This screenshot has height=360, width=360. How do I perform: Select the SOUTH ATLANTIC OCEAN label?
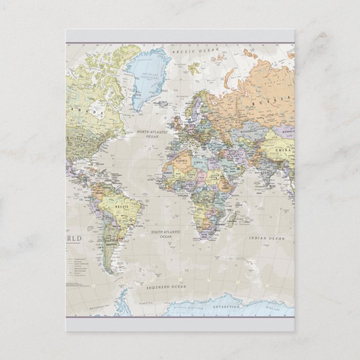click(166, 234)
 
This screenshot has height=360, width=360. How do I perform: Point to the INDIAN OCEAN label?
click(267, 239)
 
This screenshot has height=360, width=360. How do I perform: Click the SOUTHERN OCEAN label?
click(167, 287)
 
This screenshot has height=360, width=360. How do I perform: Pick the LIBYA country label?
click(200, 162)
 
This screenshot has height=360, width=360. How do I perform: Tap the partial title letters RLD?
click(74, 239)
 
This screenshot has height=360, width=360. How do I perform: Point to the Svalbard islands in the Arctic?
click(194, 68)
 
